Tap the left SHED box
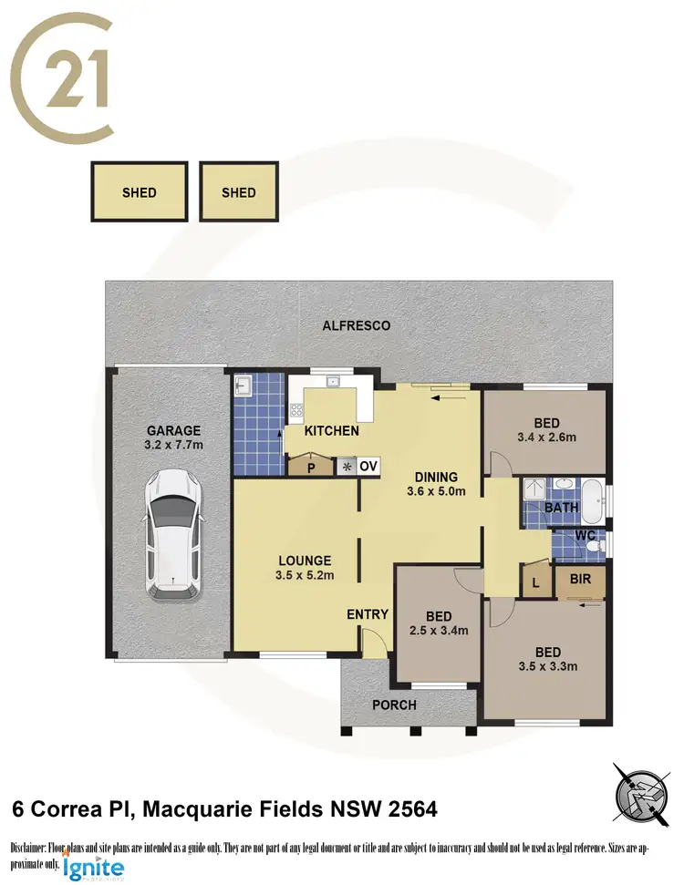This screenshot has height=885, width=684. coord(140,192)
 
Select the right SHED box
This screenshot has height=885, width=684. coord(239,192)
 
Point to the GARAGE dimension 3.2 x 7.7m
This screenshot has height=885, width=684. coord(173,447)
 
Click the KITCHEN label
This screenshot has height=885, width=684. coord(331,430)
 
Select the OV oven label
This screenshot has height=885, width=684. coord(368,466)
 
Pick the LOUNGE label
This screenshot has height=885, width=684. coord(305,561)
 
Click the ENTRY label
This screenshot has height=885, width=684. coord(368,614)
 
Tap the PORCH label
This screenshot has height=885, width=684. coord(395,705)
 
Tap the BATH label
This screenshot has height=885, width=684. coord(557,508)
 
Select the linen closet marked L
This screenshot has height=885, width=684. coord(534,581)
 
